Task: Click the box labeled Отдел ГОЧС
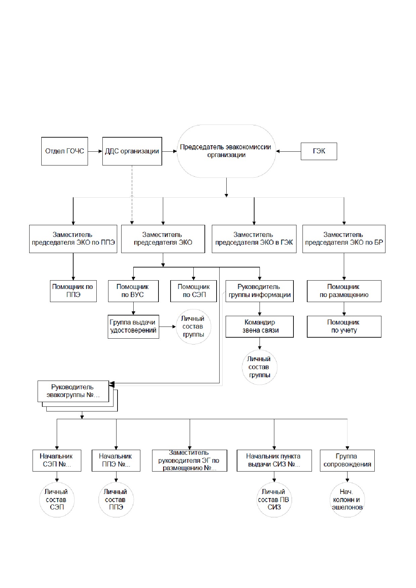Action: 64,151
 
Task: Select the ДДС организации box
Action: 132,151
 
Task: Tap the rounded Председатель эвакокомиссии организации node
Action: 226,151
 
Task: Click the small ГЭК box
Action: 319,151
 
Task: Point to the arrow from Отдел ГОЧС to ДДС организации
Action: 95,151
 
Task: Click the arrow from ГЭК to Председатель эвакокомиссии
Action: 288,151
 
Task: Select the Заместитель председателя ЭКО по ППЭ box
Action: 73,239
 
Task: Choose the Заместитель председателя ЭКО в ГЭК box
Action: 254,239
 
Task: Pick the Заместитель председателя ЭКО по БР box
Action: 344,239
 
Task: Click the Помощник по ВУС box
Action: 133,291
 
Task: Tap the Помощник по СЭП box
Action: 193,291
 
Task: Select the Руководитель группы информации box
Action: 260,291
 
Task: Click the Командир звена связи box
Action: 260,327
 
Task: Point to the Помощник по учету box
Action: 344,327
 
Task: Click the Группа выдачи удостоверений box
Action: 133,327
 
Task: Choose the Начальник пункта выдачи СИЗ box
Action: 274,460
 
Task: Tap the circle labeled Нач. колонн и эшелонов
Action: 347,500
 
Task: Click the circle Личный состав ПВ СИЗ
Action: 274,500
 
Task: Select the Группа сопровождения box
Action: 347,460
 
